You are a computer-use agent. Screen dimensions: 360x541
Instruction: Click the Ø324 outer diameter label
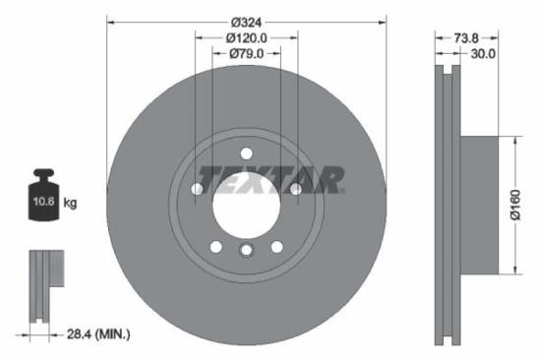click(247, 20)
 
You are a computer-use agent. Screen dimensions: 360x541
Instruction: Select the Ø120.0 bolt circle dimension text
click(247, 37)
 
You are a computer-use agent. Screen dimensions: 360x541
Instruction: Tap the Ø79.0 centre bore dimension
click(247, 54)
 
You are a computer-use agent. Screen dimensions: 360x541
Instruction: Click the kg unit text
click(70, 203)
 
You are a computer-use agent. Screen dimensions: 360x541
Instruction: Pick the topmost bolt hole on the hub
click(246, 151)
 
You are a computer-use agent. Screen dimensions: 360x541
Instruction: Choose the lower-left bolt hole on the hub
click(216, 246)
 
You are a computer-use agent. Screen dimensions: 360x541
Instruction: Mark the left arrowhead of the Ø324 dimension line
click(109, 20)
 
